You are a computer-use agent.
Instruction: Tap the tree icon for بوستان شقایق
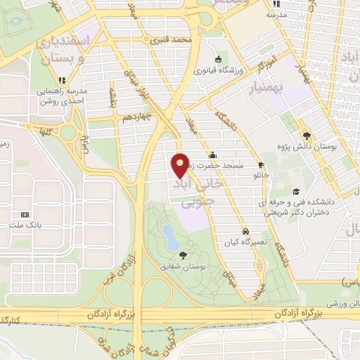click(184, 255)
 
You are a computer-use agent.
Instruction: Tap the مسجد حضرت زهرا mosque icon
click(213, 155)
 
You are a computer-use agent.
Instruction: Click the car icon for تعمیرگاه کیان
click(244, 231)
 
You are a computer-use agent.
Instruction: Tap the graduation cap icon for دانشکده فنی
click(296, 191)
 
